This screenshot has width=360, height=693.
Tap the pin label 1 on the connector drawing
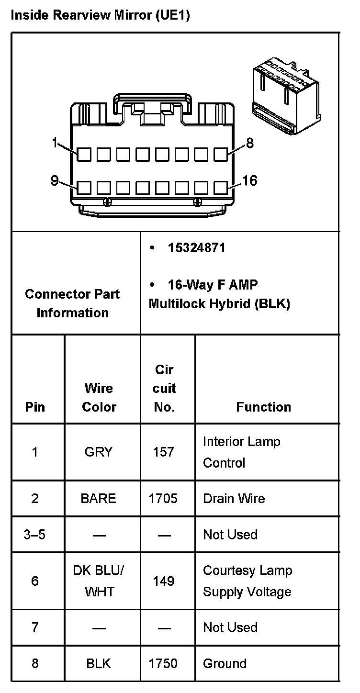pos(56,143)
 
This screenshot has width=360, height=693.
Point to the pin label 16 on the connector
pos(250,180)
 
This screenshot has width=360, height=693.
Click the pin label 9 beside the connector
pos(55,180)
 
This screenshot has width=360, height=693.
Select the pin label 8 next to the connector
pos(249,143)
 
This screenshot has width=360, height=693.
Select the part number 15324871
pos(196,248)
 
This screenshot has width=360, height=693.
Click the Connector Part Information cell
pos(72,303)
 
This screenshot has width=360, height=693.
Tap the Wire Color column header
pos(99,397)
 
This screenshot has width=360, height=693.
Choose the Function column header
pos(263,407)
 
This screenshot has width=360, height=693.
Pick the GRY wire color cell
pos(99,452)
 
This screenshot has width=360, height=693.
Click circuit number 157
pos(163,452)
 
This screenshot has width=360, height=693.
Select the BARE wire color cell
pos(99,498)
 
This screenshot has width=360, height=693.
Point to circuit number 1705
pos(163,498)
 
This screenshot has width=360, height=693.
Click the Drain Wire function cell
pos(234,498)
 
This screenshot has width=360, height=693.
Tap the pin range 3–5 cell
pos(34,534)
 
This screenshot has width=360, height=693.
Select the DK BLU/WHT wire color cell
pos(99,581)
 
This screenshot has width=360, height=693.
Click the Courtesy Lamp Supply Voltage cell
pos(247,581)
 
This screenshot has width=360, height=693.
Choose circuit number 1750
pos(163,663)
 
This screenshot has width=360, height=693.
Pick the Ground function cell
pos(225,663)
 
